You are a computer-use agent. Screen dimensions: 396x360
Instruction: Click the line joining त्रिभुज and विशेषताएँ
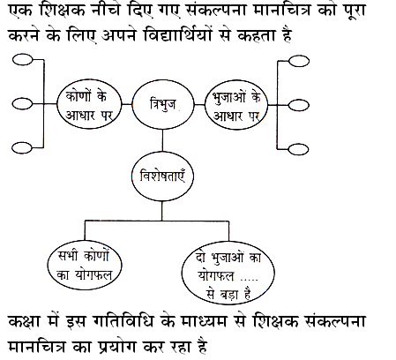(x=162, y=140)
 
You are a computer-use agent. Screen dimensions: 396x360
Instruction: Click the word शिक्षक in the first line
(x=63, y=11)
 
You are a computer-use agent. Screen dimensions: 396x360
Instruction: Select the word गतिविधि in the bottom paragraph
(x=123, y=321)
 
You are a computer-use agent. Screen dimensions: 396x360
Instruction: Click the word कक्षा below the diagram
(x=24, y=321)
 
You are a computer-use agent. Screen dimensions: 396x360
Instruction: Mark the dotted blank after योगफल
(x=250, y=279)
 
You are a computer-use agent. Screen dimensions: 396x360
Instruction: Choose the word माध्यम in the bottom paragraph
(x=204, y=321)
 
